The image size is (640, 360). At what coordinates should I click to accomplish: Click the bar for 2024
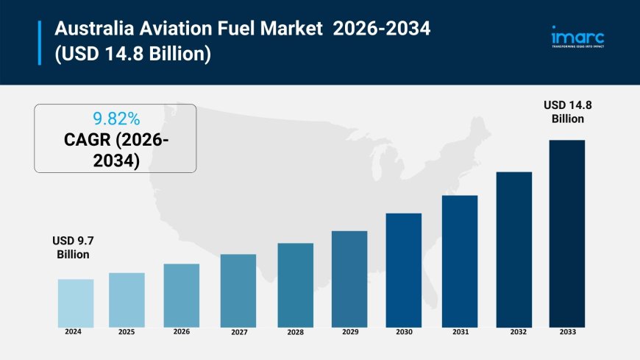(x=76, y=303)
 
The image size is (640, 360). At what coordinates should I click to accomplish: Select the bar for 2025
(x=127, y=300)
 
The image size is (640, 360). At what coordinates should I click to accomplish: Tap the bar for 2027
(x=238, y=291)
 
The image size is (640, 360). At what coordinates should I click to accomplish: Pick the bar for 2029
(x=349, y=279)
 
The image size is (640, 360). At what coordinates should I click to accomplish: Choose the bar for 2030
(x=404, y=270)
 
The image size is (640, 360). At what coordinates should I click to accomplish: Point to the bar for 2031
(x=460, y=261)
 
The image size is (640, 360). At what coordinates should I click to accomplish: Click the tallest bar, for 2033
(x=566, y=233)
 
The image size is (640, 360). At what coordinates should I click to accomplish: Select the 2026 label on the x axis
(x=182, y=332)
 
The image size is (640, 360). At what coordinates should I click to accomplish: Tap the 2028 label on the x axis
(x=296, y=333)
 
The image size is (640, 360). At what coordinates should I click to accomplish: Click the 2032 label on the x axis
(x=519, y=333)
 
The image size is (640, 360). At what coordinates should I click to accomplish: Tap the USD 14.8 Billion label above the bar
(x=567, y=112)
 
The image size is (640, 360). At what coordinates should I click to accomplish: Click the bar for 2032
(x=513, y=250)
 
